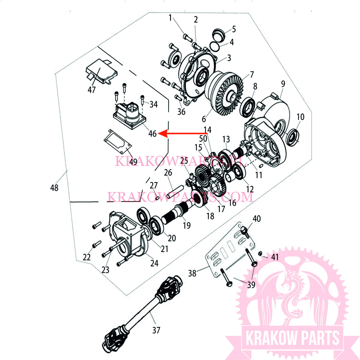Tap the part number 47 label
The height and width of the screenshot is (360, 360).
pyautogui.click(x=91, y=90)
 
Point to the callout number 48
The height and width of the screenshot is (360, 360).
pyautogui.click(x=54, y=188)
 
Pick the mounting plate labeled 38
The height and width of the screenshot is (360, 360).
pyautogui.click(x=229, y=249)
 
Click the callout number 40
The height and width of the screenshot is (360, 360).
pyautogui.click(x=257, y=219)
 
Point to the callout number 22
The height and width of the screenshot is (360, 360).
pyautogui.click(x=87, y=257)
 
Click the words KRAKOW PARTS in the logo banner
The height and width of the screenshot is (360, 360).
pyautogui.click(x=292, y=338)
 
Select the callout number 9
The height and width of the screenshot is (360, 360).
pyautogui.click(x=283, y=84)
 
